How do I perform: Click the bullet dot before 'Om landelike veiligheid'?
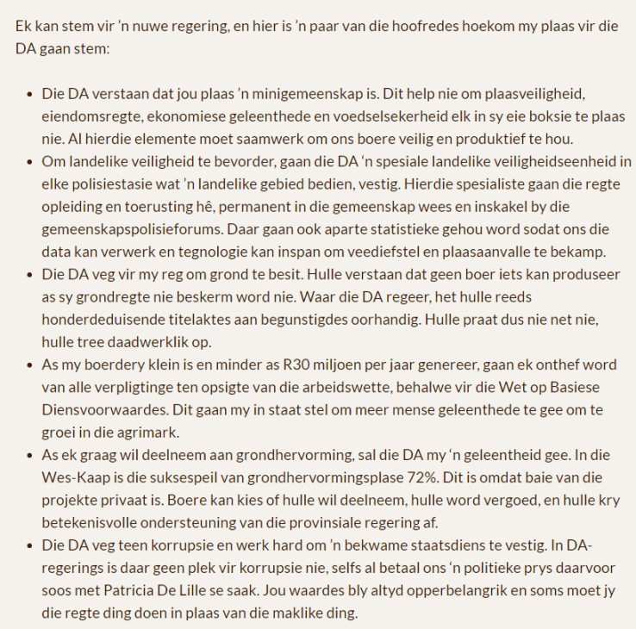coord(31,161)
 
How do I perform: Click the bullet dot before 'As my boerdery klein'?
coord(31,364)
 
